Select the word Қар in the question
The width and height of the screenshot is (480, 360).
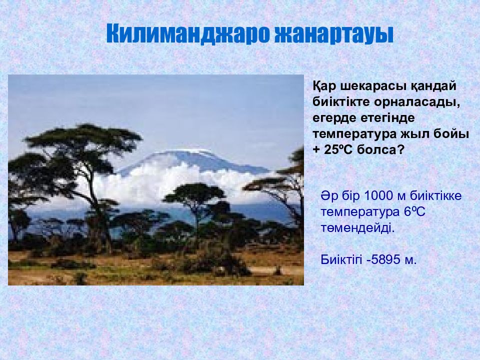point(324,86)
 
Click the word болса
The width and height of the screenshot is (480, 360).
point(377,150)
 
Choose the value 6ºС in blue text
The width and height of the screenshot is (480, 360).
point(415,212)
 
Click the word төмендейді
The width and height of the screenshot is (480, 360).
point(357,228)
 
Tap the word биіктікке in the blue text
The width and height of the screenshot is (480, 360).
point(436,196)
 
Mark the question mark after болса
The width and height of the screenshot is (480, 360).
point(401,150)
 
